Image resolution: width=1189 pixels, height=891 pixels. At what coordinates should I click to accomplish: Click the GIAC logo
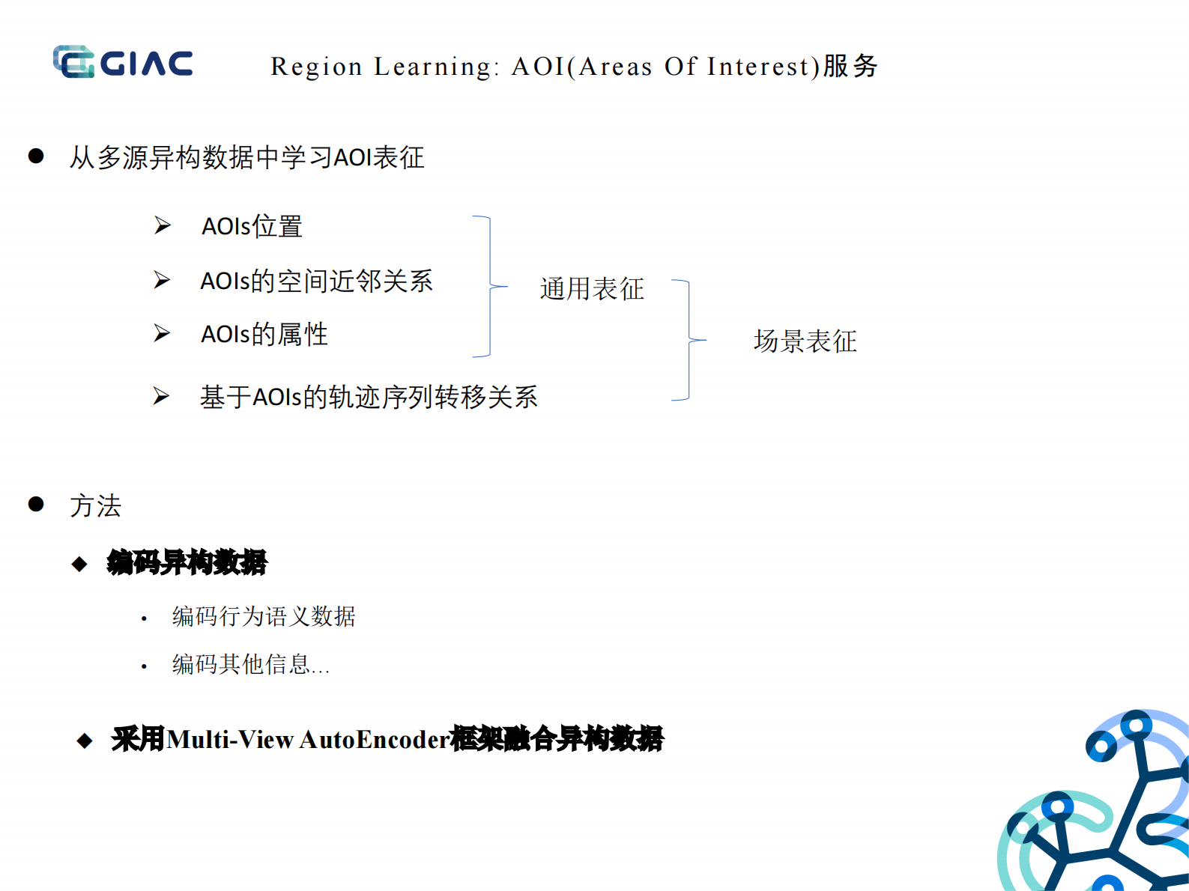pos(123,62)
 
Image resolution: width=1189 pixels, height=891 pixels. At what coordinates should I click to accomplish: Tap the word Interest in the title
pos(757,67)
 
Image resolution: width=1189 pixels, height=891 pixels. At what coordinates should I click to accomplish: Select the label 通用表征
pos(592,289)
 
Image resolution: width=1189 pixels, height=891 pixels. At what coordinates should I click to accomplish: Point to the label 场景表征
pos(805,341)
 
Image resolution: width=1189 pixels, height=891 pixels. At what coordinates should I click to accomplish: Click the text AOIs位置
pos(252,226)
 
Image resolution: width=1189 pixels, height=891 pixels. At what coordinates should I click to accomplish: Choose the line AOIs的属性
pos(264,334)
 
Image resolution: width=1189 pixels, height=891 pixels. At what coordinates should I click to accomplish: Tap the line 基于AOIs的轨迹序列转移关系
pos(369,397)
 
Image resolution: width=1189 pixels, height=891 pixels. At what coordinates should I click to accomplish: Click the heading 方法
pos(95,506)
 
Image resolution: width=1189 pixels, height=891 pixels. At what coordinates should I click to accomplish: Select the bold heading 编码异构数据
pos(187,562)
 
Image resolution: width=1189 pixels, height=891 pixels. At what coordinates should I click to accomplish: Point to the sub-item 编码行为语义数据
pos(264,617)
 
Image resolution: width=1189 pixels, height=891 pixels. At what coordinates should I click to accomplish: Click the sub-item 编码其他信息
pos(250,665)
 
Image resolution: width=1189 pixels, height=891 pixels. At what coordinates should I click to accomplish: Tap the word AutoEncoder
pos(375,740)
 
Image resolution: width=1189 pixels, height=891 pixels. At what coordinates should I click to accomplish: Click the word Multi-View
pos(231,740)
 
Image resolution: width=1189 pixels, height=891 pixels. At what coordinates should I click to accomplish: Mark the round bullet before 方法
pos(36,505)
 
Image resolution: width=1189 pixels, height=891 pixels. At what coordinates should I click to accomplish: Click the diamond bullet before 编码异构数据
pos(79,564)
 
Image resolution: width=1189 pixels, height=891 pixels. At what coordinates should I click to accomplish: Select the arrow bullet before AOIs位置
pos(163,225)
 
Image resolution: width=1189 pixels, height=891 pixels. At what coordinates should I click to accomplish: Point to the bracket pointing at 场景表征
pos(689,341)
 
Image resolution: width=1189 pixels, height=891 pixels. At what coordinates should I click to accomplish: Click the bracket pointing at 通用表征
pos(490,286)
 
